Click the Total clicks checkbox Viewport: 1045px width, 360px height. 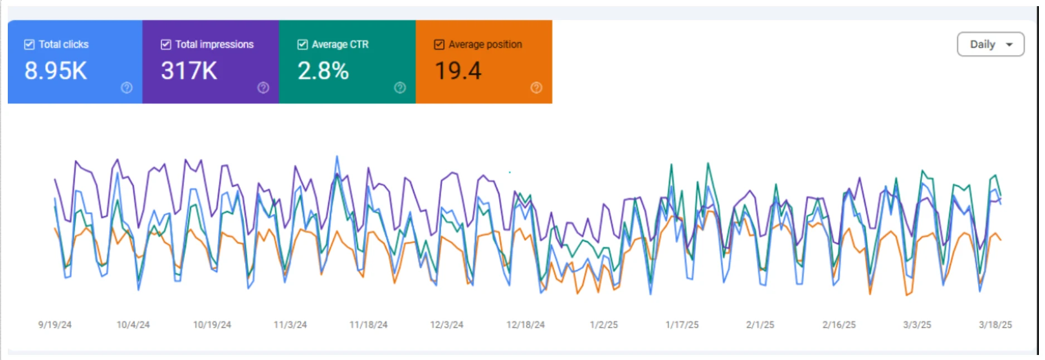pos(30,45)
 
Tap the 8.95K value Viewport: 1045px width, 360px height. pos(56,71)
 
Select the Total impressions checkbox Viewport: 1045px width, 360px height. pos(166,45)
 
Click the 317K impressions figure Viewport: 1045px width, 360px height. pos(189,71)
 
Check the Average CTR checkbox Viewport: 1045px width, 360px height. pos(302,45)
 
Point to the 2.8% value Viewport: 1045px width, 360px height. pos(323,71)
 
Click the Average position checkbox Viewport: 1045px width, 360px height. pos(439,45)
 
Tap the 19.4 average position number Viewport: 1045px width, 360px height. pos(457,71)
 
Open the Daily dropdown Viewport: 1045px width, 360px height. pos(990,45)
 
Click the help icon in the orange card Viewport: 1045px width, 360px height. pos(536,87)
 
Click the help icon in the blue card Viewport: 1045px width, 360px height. pos(126,87)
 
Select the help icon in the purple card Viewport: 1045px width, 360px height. pos(263,87)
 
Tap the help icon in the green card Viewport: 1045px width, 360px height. pos(399,87)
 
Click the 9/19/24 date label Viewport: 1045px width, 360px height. pos(55,324)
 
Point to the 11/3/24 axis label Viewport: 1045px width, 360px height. pos(290,324)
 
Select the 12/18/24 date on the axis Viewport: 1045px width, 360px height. pos(525,324)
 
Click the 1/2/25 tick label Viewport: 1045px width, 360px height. pos(604,324)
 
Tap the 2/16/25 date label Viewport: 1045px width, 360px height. pos(839,324)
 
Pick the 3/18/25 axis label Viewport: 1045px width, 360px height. pos(995,324)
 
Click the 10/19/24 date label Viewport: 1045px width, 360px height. pos(212,324)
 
